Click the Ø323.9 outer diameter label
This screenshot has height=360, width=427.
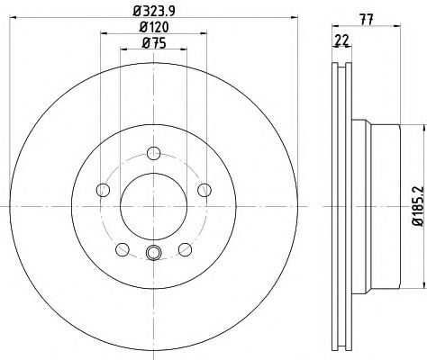coord(154,11)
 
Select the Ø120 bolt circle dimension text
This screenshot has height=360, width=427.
coord(154,27)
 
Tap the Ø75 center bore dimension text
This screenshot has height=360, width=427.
coord(154,43)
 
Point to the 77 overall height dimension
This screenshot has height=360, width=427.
coord(367,20)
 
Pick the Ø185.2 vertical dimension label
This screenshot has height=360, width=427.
coord(417,206)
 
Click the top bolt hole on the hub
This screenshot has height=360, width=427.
coord(153,153)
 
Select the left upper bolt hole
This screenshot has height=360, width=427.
coord(103,190)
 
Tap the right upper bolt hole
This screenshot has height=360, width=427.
coord(204,190)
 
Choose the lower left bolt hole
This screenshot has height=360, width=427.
coord(123,249)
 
